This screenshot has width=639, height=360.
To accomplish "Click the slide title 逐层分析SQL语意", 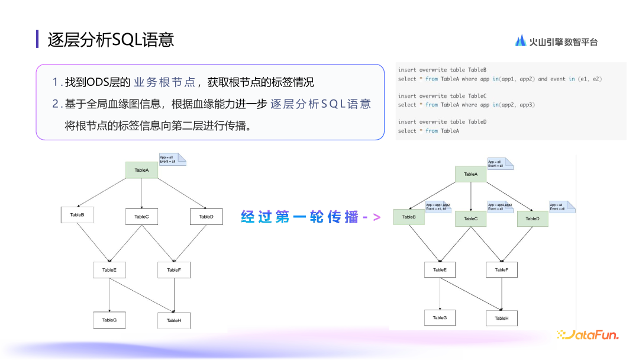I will (x=111, y=40).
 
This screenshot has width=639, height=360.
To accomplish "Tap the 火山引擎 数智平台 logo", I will (x=556, y=41).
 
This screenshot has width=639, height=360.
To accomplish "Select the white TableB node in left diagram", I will (x=77, y=215).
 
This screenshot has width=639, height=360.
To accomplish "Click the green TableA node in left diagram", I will (x=141, y=170).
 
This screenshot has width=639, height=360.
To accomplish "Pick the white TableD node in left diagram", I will (x=206, y=217).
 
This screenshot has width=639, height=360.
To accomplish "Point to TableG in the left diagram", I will (x=109, y=320).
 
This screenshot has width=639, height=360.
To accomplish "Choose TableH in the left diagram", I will (x=173, y=320).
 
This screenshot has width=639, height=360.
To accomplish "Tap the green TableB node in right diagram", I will (x=409, y=217).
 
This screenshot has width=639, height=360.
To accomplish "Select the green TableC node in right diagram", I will (x=470, y=218).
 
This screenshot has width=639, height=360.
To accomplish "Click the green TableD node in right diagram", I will (x=532, y=218).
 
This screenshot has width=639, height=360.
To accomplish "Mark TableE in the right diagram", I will (x=440, y=270).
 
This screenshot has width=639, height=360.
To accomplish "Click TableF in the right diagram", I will (x=501, y=270).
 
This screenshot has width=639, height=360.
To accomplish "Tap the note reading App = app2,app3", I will (x=501, y=207).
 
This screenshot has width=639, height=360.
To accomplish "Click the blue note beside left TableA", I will (x=172, y=159).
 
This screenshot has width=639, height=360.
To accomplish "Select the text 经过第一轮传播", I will (x=299, y=217).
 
